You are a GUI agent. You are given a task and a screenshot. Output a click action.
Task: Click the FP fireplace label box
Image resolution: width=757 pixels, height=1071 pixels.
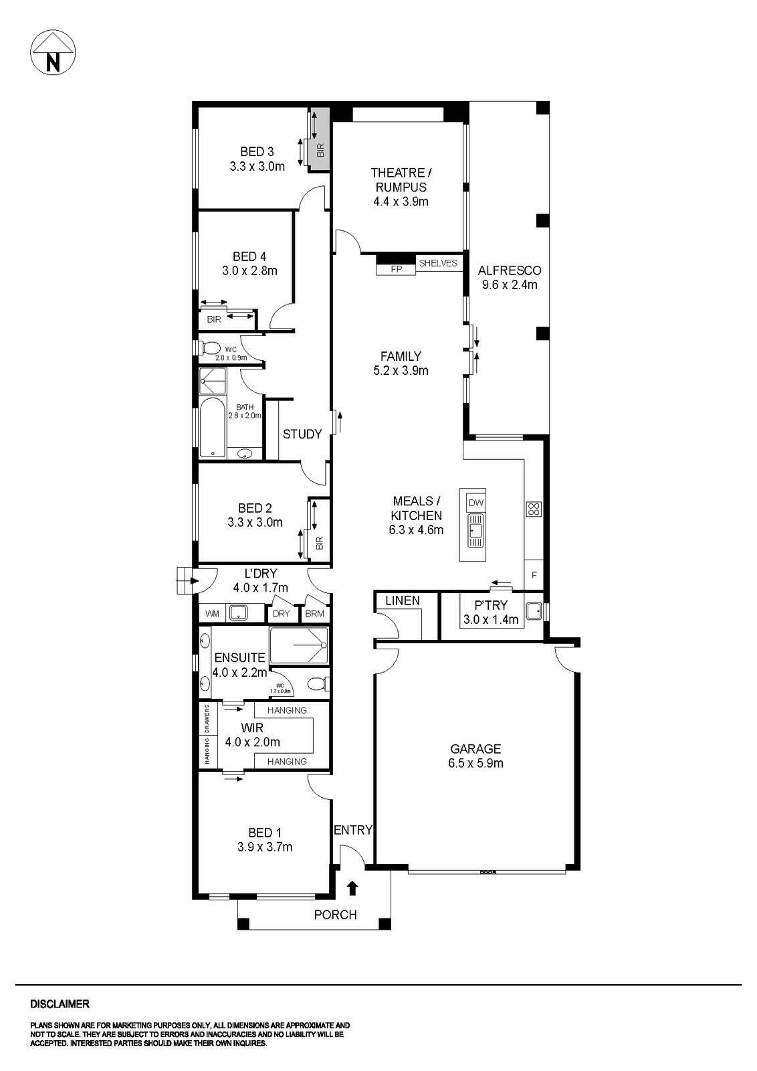[396, 269]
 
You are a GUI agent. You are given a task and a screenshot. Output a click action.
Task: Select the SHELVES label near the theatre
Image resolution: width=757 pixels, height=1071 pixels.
[438, 263]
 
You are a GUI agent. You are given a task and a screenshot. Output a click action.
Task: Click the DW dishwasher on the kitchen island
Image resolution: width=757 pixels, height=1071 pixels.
[475, 503]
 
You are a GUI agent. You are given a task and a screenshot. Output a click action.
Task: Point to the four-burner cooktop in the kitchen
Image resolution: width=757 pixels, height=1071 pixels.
[534, 509]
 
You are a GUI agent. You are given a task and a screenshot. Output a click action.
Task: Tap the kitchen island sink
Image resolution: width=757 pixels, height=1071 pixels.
[475, 529]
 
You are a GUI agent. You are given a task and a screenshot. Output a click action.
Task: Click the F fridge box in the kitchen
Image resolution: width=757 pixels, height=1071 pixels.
[534, 575]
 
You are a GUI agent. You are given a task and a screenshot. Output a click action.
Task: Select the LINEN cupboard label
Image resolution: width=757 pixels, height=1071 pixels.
[403, 600]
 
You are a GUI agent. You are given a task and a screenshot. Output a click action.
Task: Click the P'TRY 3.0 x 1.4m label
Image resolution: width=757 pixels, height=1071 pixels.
[491, 612]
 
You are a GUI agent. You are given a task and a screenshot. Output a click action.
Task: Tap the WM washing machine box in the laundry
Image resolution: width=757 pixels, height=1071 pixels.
[212, 613]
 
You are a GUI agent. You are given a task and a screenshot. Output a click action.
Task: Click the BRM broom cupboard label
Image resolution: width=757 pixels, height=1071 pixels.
[314, 613]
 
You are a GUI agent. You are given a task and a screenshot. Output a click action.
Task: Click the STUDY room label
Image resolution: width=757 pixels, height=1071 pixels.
[302, 434]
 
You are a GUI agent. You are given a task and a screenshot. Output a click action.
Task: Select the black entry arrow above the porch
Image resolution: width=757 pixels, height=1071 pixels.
[352, 888]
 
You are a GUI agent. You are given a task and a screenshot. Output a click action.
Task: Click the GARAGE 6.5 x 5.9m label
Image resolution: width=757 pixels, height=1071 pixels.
[475, 756]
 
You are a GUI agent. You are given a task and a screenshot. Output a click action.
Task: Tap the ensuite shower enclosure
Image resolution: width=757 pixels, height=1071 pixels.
[299, 645]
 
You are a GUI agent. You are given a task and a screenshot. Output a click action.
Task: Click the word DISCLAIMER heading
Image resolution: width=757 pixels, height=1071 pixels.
[60, 1004]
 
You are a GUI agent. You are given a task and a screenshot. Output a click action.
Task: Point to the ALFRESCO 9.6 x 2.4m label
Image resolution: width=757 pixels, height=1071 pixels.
[510, 277]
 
